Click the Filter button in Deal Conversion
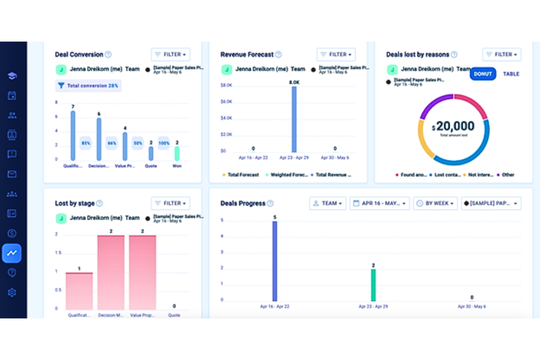tap(170, 55)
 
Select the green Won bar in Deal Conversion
tap(177, 154)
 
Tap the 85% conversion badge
tap(86, 143)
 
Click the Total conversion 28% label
tap(89, 86)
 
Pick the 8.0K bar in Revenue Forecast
tap(294, 120)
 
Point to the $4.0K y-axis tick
tap(226, 118)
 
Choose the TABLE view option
tap(511, 74)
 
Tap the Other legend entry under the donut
tap(506, 175)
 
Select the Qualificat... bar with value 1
tap(79, 291)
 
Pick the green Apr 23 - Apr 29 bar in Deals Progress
tap(373, 285)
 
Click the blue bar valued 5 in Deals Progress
tap(275, 261)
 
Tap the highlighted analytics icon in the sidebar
tap(12, 253)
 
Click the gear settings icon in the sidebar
tap(12, 293)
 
